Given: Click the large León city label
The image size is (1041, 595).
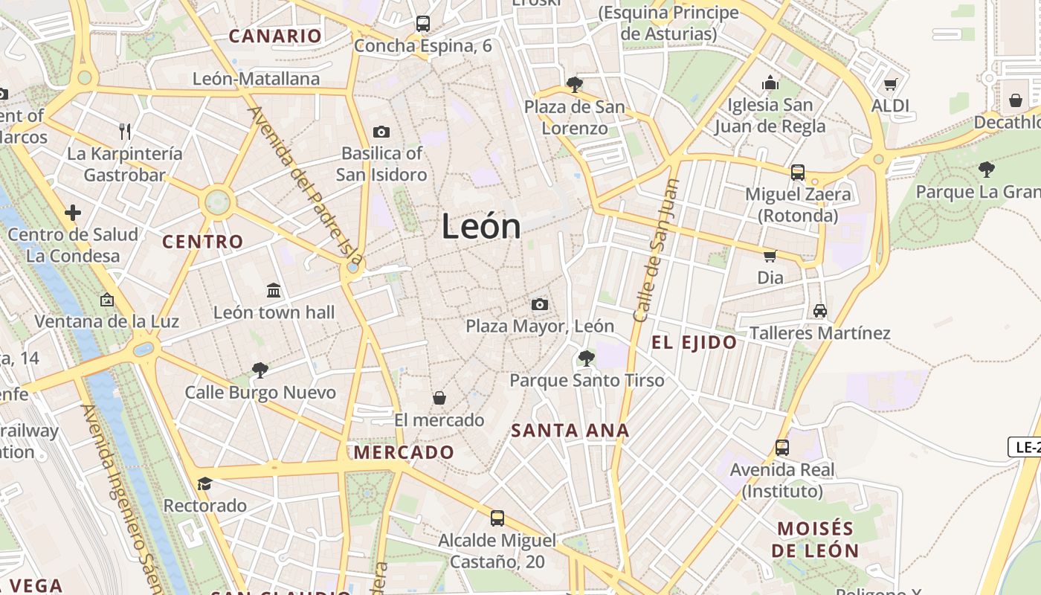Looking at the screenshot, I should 481,226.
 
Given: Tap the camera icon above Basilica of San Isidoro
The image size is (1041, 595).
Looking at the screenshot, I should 381,132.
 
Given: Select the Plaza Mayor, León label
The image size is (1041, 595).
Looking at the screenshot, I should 540,326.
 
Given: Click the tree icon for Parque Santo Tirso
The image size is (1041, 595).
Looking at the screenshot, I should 586,358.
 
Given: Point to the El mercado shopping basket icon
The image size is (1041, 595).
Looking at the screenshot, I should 439,398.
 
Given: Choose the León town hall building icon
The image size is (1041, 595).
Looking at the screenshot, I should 273,290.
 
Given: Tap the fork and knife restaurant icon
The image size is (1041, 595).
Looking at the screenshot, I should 125,132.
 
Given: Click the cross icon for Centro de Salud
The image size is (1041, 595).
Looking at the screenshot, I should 73,213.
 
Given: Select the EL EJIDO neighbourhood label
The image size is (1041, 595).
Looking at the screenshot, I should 694,343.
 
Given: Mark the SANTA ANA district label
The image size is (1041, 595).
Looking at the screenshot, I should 570,431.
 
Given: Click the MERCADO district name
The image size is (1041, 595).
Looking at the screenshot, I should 404,452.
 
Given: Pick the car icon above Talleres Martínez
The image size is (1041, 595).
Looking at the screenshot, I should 819,310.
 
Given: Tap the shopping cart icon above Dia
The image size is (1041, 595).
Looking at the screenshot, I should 770,257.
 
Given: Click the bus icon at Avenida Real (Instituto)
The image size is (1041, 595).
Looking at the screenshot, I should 781,447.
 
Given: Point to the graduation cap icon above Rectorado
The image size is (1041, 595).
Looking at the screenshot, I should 204,483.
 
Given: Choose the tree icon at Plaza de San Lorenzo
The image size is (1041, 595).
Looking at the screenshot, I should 573,84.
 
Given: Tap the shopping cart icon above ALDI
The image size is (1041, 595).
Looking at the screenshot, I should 890,84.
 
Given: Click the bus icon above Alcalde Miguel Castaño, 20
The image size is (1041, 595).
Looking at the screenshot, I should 497,518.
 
